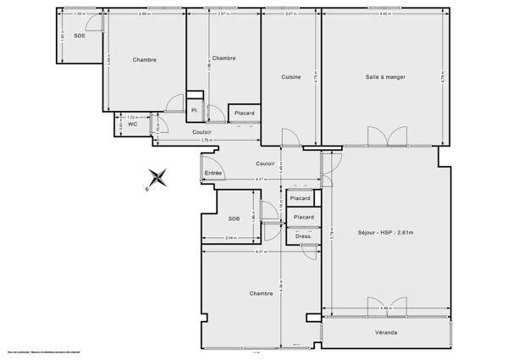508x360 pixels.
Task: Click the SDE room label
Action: [x=80, y=36]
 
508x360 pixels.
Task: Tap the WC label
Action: [x=132, y=124]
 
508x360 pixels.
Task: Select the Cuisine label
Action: [x=291, y=77]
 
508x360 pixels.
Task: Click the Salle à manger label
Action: [x=385, y=77]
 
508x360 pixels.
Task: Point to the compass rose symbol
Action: [x=157, y=179]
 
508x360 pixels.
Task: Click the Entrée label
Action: [x=213, y=173]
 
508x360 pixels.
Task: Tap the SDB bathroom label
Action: [x=235, y=219]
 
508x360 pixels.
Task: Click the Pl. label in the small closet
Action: [x=194, y=110]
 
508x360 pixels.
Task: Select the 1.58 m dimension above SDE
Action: [x=79, y=14]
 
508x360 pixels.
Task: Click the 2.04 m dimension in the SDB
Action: [x=231, y=239]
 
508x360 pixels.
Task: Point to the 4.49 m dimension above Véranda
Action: [x=385, y=307]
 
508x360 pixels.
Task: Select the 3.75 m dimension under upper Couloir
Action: [x=207, y=141]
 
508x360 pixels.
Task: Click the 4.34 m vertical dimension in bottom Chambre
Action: [x=279, y=292]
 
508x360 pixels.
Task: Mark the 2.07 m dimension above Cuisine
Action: [x=290, y=14]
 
